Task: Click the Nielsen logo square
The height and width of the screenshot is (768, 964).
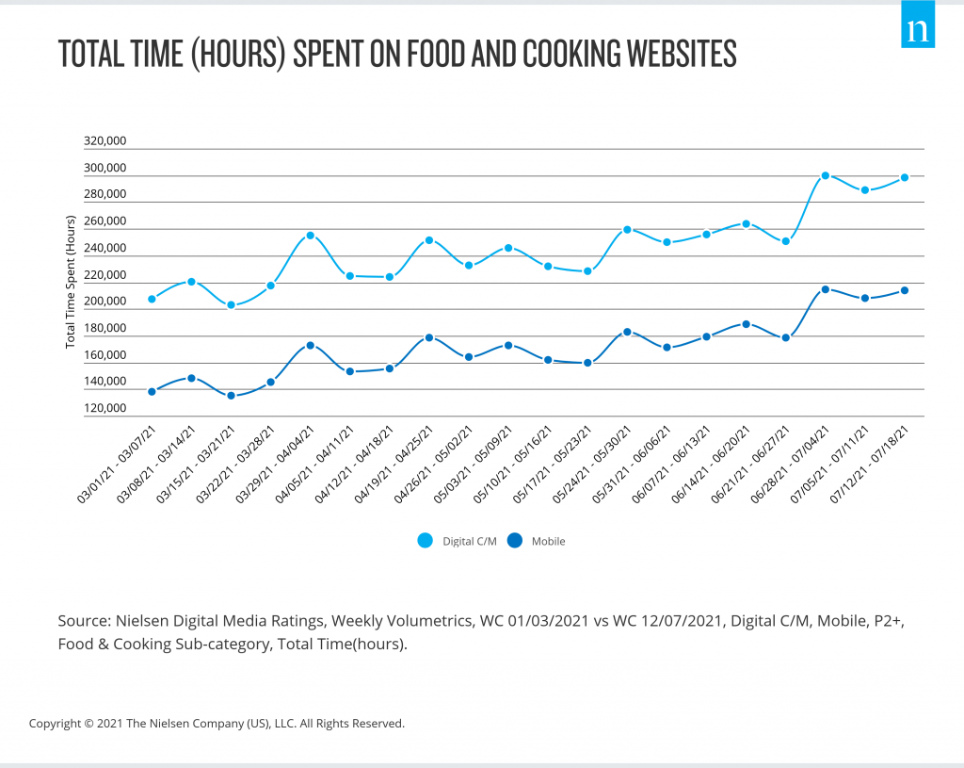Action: [917, 30]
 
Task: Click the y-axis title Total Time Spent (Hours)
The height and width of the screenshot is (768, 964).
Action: [71, 282]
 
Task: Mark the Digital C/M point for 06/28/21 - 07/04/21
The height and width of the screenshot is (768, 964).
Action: [826, 175]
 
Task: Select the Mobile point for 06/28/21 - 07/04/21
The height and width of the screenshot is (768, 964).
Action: [826, 289]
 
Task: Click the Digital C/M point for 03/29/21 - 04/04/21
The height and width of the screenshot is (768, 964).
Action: [310, 236]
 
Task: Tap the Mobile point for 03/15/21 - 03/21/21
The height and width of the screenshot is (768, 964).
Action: [231, 396]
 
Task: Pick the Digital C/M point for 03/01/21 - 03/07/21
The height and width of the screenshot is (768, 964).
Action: [152, 299]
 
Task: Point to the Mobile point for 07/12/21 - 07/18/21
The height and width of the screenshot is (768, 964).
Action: [905, 290]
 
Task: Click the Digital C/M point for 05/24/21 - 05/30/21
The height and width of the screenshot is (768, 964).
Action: [627, 230]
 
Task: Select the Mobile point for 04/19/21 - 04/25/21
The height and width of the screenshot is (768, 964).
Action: [428, 337]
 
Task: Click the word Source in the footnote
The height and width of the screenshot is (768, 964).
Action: [82, 621]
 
